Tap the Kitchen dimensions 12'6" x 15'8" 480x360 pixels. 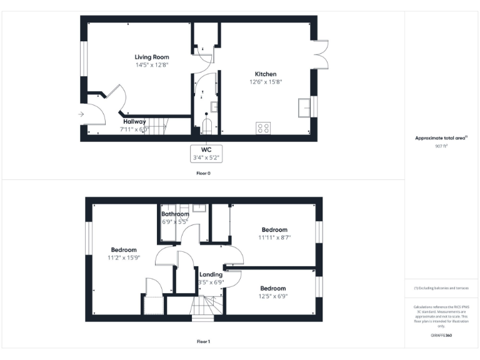[x=266, y=81]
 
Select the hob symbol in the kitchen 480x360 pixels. [x=263, y=128]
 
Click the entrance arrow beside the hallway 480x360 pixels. [x=81, y=114]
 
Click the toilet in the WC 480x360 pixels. [x=207, y=127]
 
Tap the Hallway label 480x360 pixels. [x=134, y=121]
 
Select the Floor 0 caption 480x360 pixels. [x=203, y=172]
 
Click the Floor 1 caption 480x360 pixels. [x=203, y=341]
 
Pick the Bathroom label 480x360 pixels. [x=175, y=214]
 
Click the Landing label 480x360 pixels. [x=211, y=274]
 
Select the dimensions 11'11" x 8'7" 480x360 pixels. [x=274, y=237]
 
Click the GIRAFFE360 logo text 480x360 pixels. [x=441, y=336]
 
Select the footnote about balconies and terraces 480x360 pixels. [x=441, y=287]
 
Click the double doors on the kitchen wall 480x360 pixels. [x=321, y=54]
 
